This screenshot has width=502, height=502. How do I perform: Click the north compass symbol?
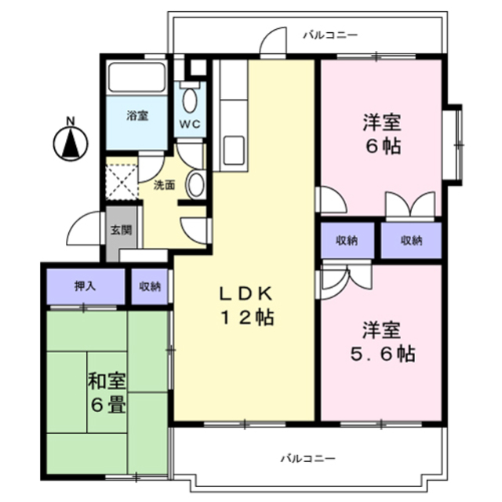(x=70, y=142)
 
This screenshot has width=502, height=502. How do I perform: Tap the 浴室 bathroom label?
(x=137, y=115)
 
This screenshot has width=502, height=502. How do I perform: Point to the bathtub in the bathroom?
(x=136, y=78)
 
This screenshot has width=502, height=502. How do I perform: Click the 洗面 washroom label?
(x=163, y=186)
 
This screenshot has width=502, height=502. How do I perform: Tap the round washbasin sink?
(x=196, y=184)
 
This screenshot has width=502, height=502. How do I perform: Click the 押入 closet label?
(x=85, y=286)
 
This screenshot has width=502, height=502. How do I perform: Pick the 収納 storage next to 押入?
(x=150, y=286)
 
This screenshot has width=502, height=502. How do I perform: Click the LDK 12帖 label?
(x=245, y=306)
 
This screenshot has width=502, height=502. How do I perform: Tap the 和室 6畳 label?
(x=107, y=395)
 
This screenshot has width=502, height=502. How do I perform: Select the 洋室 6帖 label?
(x=382, y=133)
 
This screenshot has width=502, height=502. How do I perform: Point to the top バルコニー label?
(x=330, y=34)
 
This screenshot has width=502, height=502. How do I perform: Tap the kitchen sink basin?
(x=233, y=150)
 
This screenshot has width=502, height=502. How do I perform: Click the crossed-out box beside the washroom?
(x=122, y=180)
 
